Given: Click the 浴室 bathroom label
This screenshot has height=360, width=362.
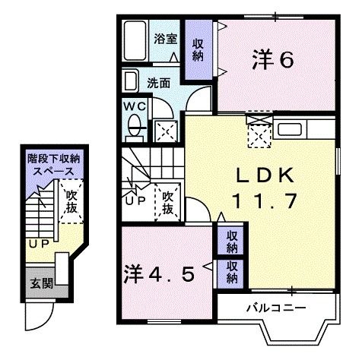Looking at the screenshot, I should tap(165, 38).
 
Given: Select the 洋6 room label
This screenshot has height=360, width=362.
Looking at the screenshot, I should tap(272, 60).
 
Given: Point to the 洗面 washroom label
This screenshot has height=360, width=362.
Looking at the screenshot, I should tap(158, 84).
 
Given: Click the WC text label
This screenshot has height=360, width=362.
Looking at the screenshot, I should tap(135, 106).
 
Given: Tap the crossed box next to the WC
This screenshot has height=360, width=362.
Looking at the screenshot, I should tap(164, 131).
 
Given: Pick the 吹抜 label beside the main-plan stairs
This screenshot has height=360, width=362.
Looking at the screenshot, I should tap(167, 203).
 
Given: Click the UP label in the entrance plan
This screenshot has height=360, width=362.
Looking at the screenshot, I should tap(38, 244).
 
